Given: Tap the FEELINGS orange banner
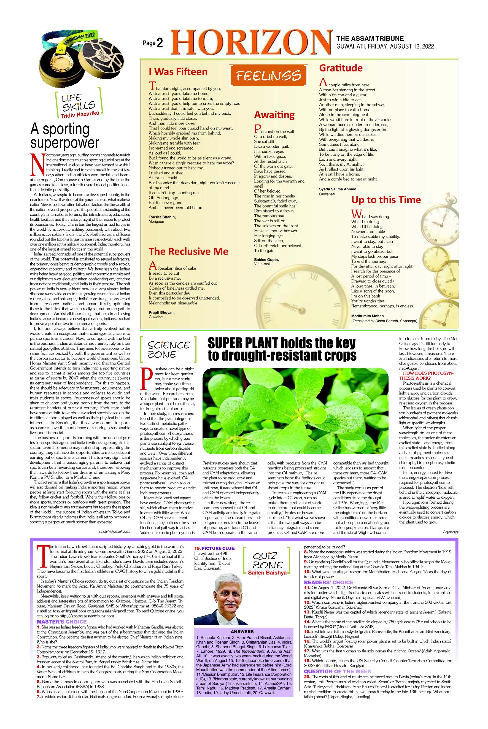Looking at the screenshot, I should [268, 75].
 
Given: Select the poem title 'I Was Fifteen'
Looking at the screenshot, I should [178, 72].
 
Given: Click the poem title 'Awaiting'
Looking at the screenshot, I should [274, 115].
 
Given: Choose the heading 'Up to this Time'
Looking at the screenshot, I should [386, 199].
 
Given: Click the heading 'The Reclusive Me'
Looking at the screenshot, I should [188, 251].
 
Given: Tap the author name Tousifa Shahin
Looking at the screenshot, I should [162, 217].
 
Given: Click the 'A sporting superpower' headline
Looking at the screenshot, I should [64, 136].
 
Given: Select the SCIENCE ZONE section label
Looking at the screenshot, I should [168, 349].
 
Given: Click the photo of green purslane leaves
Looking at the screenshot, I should [295, 411].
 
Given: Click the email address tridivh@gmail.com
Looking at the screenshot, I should [115, 532].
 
